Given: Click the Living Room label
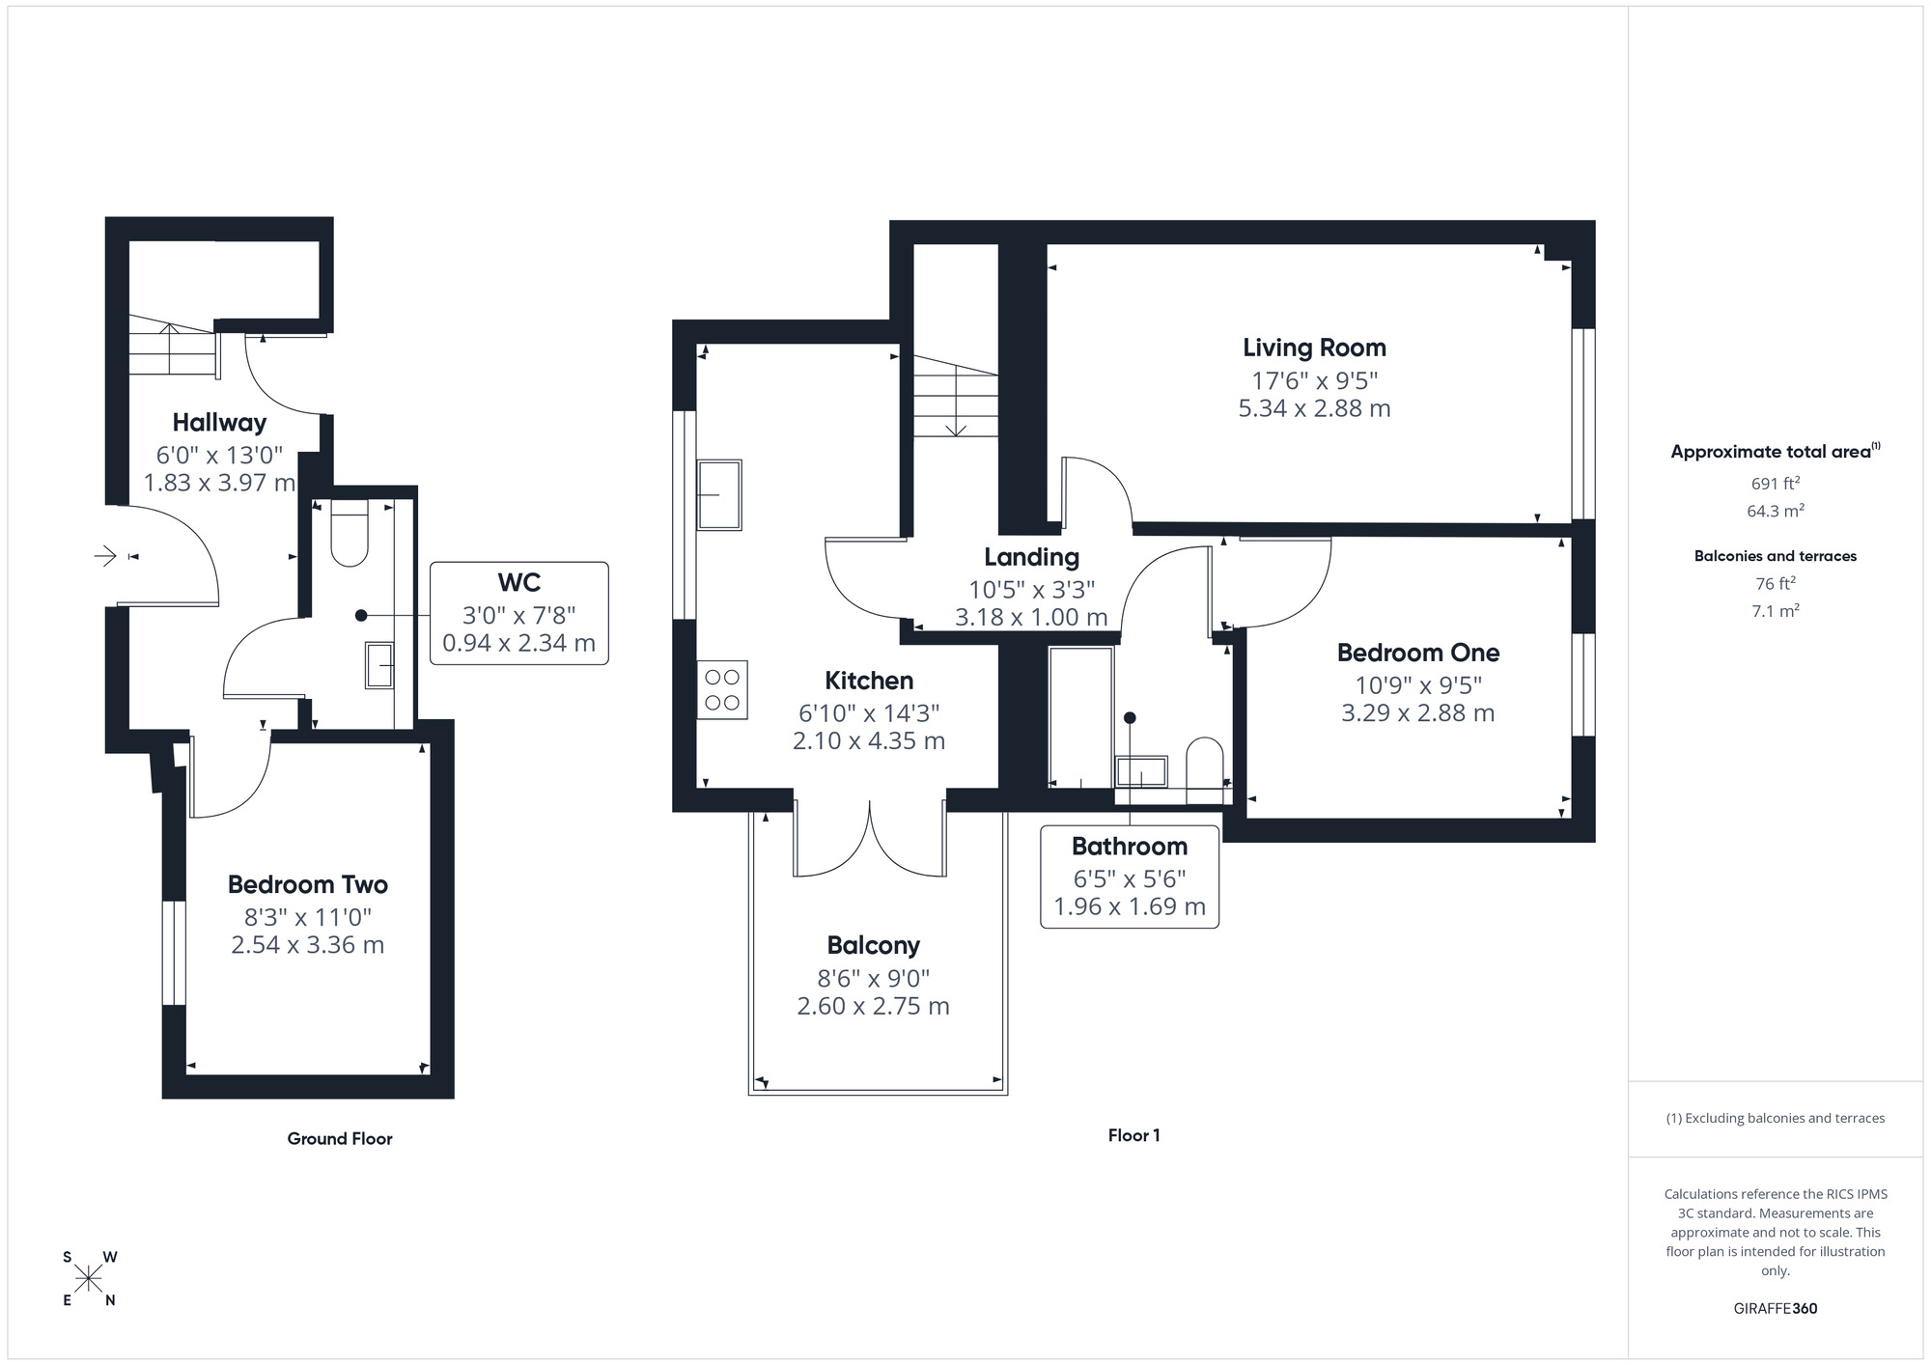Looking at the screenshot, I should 1314,348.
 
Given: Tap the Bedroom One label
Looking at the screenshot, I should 1417,654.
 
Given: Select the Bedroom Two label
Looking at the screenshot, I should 307,885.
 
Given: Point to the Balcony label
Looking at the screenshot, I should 873,946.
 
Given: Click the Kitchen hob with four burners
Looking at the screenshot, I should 722,689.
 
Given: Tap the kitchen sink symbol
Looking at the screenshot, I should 719,494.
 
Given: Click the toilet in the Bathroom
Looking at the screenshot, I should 1204,768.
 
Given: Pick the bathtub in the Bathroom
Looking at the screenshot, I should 1080,716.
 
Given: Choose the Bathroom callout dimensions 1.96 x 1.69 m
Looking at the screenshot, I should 1129,907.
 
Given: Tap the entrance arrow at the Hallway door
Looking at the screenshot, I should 105,556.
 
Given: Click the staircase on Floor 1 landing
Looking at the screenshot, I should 956,397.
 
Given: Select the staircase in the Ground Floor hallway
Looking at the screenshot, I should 171,348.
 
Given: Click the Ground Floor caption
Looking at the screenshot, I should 340,1139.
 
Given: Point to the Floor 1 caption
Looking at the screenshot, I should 1133,1136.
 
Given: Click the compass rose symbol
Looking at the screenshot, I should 89,1279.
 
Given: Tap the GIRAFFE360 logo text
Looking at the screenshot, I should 1775,1309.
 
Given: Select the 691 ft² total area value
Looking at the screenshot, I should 1775,484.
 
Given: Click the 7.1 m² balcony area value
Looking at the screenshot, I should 1775,611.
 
